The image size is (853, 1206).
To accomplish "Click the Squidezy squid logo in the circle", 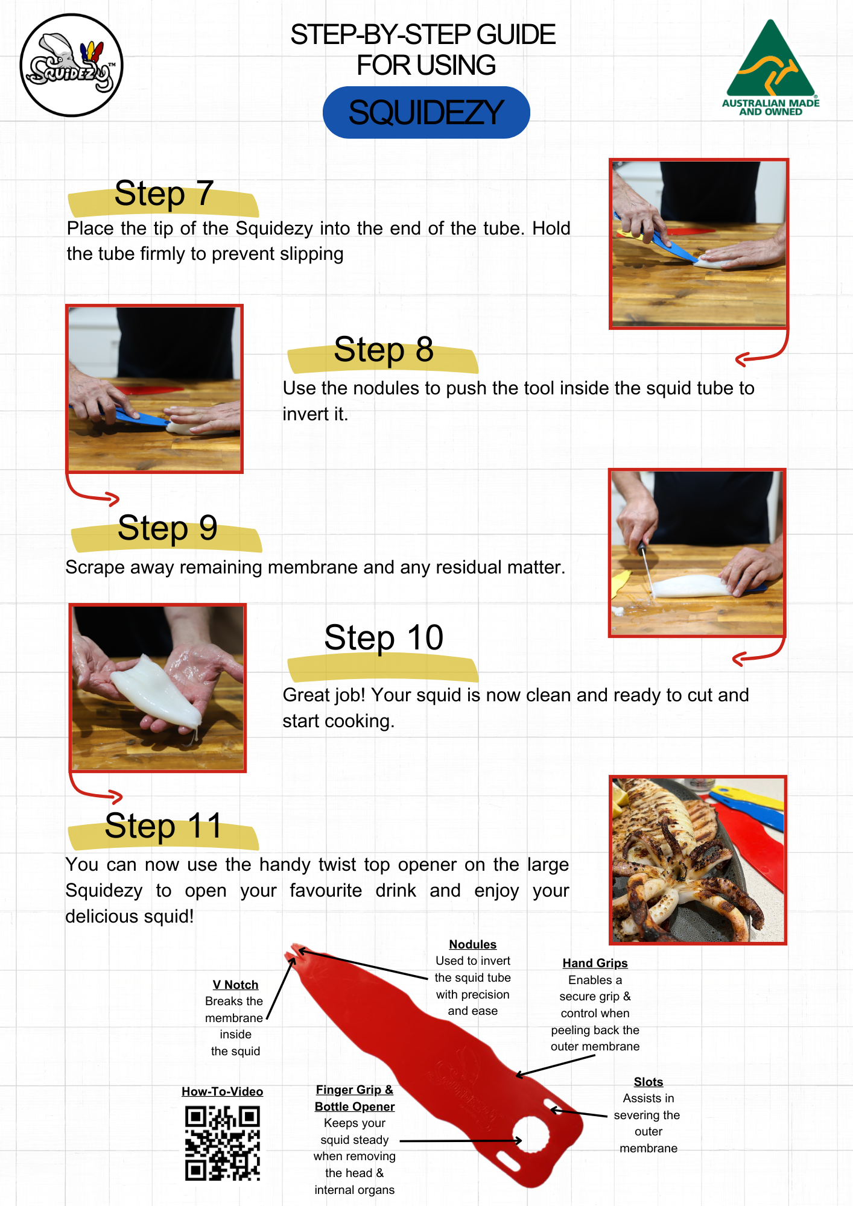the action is (71, 65).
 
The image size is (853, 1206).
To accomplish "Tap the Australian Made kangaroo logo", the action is (770, 68).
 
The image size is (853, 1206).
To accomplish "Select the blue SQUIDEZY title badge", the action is (426, 112).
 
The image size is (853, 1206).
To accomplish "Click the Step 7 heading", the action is (164, 194).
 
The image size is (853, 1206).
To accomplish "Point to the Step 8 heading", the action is (384, 350).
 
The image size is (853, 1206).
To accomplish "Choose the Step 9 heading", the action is (167, 528).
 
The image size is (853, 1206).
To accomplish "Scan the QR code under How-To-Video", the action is (223, 1143).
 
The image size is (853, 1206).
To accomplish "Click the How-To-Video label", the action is (223, 1091).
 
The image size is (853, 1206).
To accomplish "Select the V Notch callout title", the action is (235, 985).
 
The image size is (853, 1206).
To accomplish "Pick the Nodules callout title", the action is (473, 944).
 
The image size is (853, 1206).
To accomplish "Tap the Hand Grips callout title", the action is (595, 963).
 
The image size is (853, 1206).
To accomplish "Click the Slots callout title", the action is (648, 1082).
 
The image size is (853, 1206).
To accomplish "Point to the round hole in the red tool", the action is (531, 1134).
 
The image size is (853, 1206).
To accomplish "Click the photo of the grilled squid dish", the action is (698, 860).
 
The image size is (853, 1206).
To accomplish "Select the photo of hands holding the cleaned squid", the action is (157, 687).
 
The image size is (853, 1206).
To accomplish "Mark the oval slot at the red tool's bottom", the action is (507, 1161).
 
